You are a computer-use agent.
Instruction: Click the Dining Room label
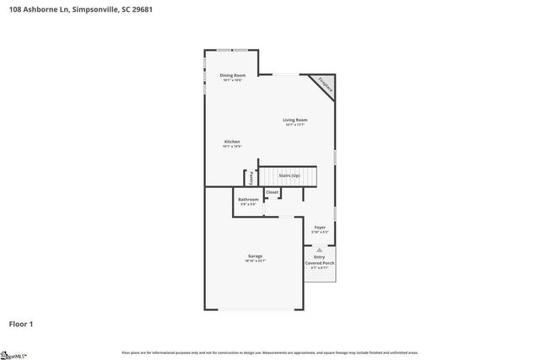(232, 76)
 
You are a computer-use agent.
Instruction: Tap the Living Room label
(294, 120)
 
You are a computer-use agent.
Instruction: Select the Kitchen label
(232, 141)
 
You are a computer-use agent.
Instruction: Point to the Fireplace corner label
(325, 84)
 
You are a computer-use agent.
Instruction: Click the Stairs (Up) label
(289, 175)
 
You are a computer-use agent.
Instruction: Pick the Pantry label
(251, 178)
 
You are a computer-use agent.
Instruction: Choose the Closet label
(272, 192)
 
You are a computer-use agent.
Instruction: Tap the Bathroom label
(248, 199)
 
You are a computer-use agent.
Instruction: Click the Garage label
(255, 255)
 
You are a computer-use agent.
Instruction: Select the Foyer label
(320, 228)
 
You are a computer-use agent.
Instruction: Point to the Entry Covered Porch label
(320, 260)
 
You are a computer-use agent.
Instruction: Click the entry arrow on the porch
(319, 250)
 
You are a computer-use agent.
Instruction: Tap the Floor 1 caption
(21, 324)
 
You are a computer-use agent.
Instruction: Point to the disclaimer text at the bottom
(270, 352)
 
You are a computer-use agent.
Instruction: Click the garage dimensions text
(255, 261)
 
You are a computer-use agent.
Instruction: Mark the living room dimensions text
(294, 125)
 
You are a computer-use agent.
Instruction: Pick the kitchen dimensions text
(232, 147)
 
